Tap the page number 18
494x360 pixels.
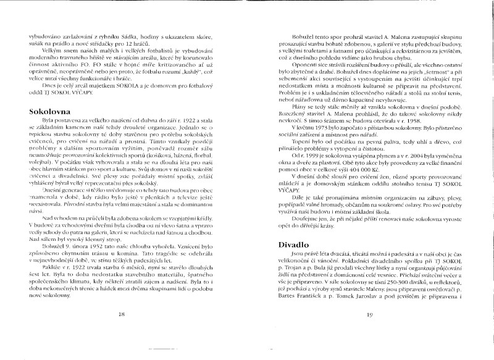[121, 314]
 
